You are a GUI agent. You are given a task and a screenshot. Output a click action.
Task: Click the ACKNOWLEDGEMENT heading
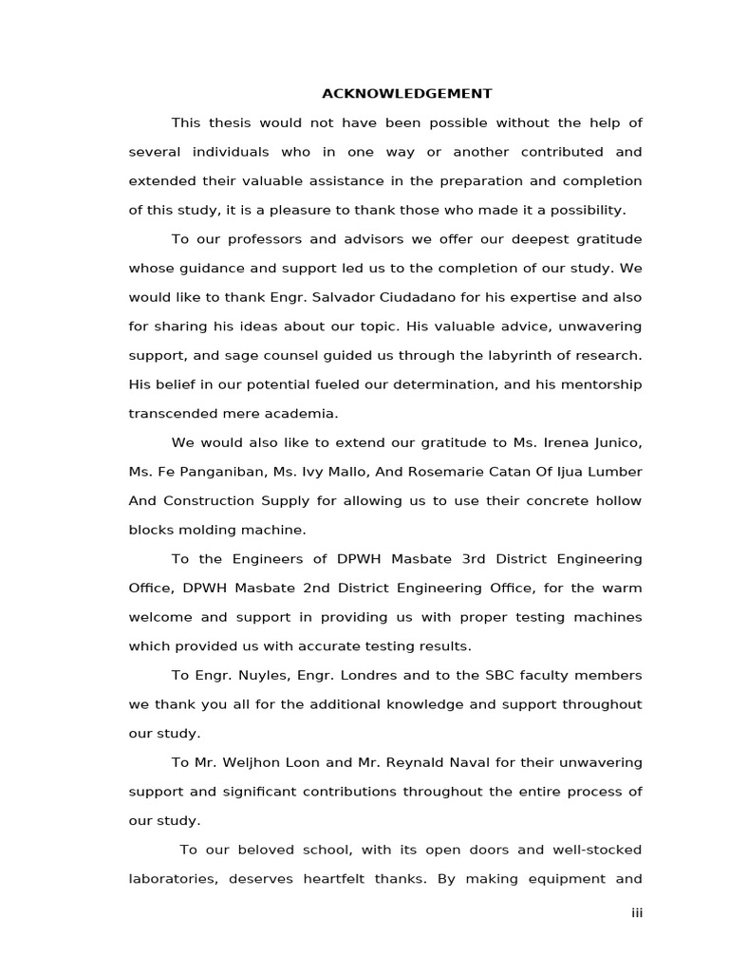[x=406, y=93]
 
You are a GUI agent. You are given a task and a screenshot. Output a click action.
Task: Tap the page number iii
[x=637, y=912]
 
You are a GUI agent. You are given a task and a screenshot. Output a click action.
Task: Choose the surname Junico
[x=616, y=442]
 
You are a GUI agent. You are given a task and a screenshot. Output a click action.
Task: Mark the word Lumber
[x=615, y=472]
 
